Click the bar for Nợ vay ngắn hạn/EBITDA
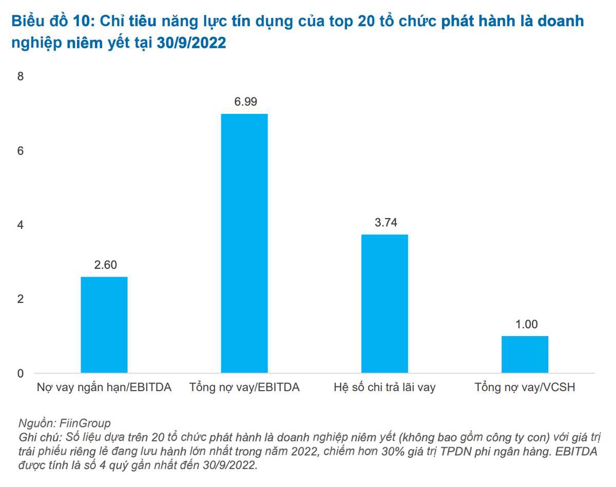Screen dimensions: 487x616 104,324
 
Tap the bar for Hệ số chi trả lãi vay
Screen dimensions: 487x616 384,303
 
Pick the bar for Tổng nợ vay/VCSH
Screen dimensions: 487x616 525,354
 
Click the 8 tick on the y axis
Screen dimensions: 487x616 21,77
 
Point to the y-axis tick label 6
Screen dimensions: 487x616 21,151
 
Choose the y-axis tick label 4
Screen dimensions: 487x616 21,225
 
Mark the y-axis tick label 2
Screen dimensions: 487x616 21,299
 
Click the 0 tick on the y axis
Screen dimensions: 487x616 21,373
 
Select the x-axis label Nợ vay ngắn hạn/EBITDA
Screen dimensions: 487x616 104,387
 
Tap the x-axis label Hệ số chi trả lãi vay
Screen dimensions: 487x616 384,387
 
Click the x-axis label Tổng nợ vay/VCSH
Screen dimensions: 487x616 525,387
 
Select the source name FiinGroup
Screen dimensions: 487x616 85,423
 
